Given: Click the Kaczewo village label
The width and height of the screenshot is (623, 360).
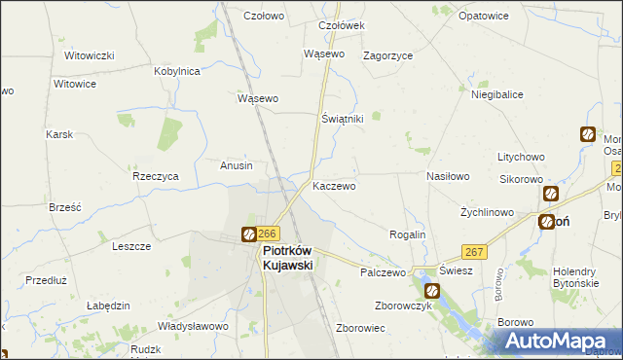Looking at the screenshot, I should [334, 185].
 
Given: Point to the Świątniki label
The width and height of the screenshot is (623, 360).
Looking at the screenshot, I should [342, 118].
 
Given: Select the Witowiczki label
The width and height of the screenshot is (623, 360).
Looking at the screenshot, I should [90, 54].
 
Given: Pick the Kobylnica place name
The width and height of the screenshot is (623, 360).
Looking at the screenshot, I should [177, 71].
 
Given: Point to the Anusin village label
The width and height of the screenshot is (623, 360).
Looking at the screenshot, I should [237, 165].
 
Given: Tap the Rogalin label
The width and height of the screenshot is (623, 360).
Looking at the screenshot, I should [407, 234].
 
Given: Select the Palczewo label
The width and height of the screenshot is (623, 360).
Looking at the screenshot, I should [382, 273].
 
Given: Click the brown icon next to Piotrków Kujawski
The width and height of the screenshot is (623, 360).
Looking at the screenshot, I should [249, 234].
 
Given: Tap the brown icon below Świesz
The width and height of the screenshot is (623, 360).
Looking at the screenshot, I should [431, 290].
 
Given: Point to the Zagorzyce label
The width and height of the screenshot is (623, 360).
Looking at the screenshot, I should [387, 55].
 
